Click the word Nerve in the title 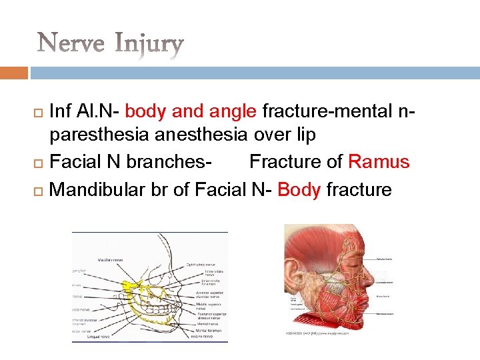[72, 45]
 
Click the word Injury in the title [148, 45]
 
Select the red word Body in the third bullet [299, 189]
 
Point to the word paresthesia [99, 135]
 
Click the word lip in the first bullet [305, 135]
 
